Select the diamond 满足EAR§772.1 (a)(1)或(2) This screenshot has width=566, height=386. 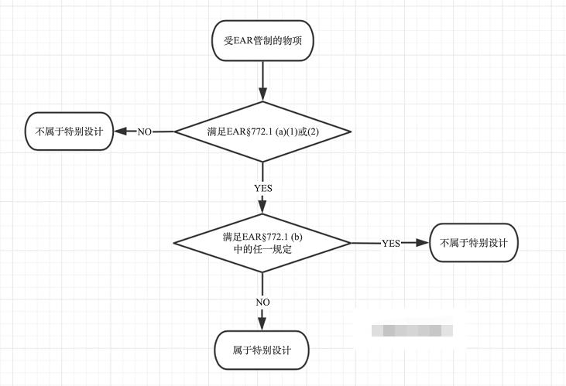coord(263,132)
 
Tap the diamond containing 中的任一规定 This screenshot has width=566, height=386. coord(262,243)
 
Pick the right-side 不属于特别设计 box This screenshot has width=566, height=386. coord(473,243)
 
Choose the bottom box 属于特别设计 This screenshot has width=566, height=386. coord(262,350)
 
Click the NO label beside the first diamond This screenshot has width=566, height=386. coord(144,132)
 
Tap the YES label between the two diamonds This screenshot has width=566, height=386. coord(262,188)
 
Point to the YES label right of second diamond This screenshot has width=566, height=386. coord(391,243)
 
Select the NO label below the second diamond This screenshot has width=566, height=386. coord(262,301)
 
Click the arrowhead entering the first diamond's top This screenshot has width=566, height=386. coord(262,95)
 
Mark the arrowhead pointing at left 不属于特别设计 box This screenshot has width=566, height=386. coord(121,132)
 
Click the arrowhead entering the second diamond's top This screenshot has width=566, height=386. coord(262,207)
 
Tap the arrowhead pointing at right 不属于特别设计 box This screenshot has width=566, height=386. coord(422,243)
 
